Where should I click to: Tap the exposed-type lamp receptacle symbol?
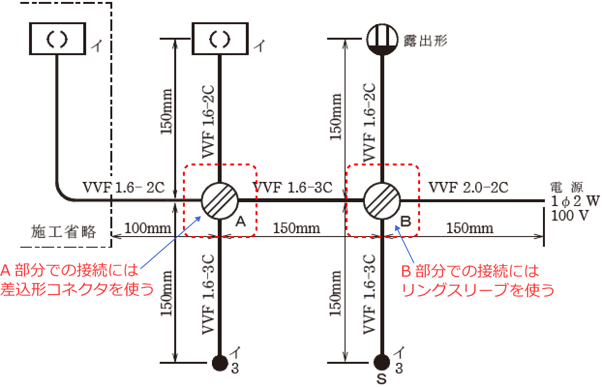point(382,39)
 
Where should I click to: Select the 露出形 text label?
point(425,40)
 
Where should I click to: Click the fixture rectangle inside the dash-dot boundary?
point(57,39)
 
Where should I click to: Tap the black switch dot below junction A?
point(220,362)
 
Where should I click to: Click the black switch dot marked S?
point(382,362)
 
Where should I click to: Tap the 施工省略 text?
point(63,232)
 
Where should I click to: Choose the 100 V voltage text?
point(569,215)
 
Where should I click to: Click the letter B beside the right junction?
point(406,222)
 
